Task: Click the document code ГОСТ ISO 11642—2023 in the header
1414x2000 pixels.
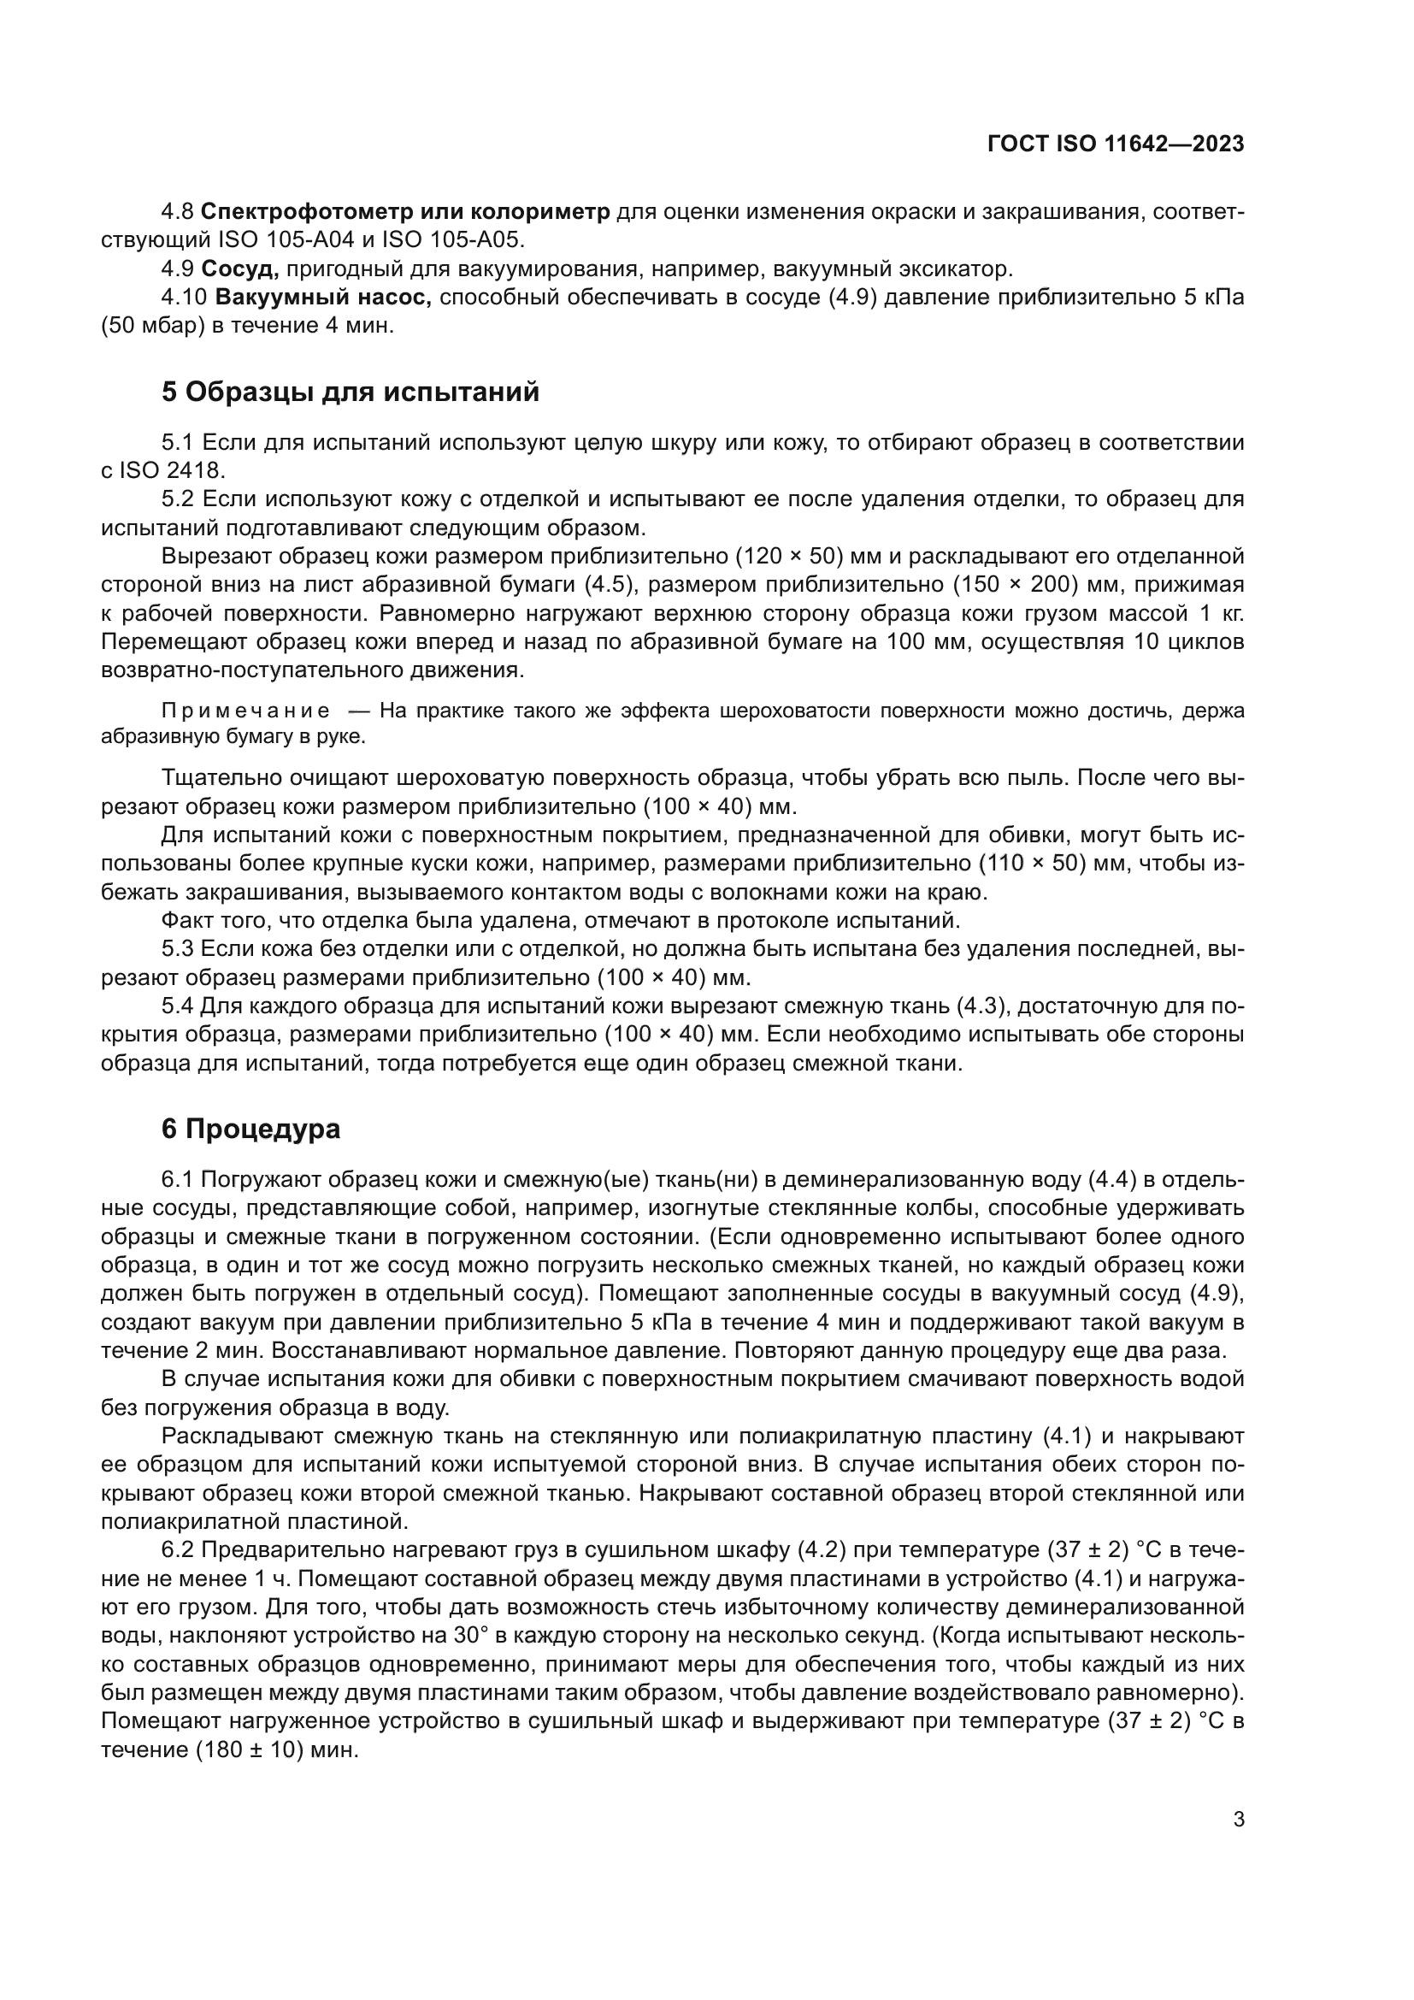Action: pos(1116,145)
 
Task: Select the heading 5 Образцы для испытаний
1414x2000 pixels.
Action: pos(350,392)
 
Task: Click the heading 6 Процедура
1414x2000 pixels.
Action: pos(250,1129)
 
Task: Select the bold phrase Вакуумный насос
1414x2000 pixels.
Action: pos(323,297)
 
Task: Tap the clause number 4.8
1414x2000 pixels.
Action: pos(178,212)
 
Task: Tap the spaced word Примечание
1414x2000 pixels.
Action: pos(246,711)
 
